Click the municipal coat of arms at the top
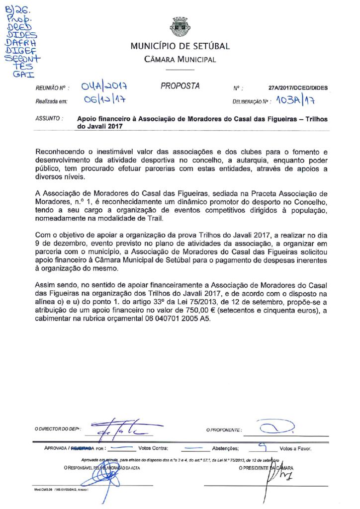click(x=180, y=27)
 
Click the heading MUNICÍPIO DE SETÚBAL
click(x=180, y=46)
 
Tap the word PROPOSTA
click(x=180, y=86)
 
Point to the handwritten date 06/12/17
click(x=104, y=100)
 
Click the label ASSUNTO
click(x=49, y=119)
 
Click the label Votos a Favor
click(x=295, y=448)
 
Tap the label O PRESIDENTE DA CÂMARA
click(x=266, y=468)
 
